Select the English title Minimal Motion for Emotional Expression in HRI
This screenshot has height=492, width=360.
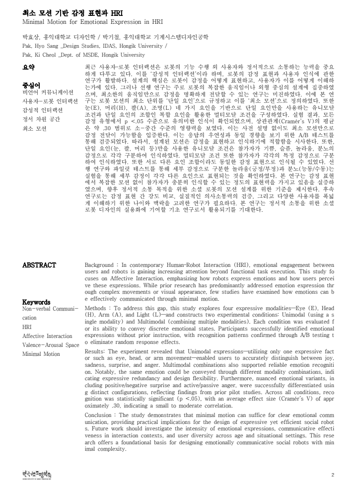92,23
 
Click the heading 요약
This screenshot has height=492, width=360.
29,67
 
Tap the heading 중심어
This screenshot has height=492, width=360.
31,84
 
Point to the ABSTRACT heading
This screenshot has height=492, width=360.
39,265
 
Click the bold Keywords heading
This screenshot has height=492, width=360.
36,302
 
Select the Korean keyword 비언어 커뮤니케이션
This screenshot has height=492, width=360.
48,92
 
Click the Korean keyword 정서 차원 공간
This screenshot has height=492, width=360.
42,119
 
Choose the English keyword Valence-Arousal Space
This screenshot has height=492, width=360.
51,345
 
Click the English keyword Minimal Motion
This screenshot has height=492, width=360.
41,354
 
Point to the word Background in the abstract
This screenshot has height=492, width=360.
99,265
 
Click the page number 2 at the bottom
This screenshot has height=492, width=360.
333,475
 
